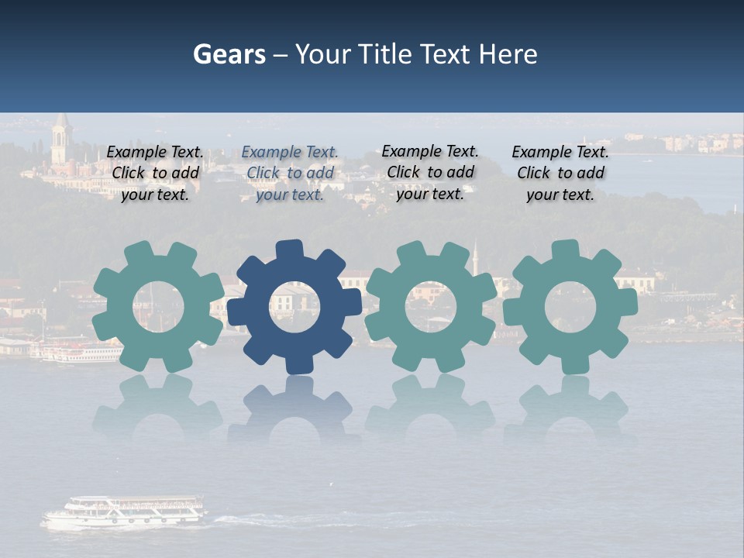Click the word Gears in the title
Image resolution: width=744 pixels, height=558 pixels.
click(x=229, y=54)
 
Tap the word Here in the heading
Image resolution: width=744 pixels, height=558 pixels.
click(x=508, y=54)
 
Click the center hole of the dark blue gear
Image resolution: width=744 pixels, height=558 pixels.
click(x=294, y=307)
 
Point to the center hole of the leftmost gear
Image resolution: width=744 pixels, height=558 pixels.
click(x=158, y=307)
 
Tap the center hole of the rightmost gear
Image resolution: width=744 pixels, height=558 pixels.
click(x=570, y=307)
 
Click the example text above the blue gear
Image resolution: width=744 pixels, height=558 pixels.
click(x=290, y=174)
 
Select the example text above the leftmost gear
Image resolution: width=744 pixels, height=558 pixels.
click(x=155, y=174)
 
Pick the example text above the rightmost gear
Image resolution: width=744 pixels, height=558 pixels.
click(x=560, y=174)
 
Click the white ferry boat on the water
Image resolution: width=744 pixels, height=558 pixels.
click(x=124, y=512)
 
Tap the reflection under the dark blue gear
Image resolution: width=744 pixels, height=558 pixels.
click(x=294, y=407)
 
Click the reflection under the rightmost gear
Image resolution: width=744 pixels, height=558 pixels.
click(x=570, y=407)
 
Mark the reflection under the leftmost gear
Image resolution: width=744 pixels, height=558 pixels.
click(x=158, y=407)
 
